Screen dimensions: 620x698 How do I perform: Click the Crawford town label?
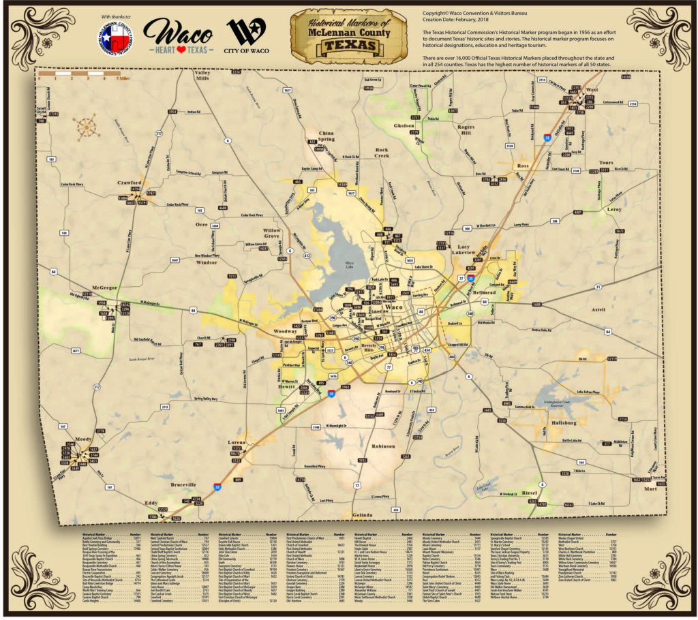coord(128,183)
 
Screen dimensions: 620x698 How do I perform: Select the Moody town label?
coord(84,439)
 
